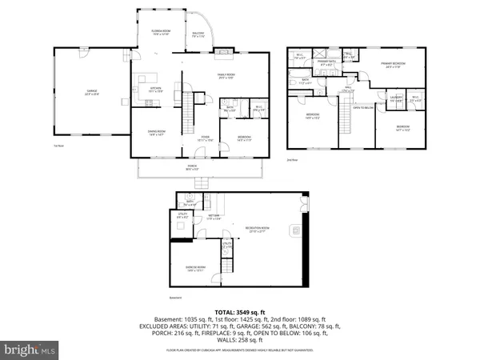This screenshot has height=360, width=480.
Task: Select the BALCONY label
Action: (198, 33)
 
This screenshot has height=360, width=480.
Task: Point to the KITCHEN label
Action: (157, 90)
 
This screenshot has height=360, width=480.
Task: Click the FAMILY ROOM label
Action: (226, 76)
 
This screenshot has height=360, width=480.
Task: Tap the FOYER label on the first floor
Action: (205, 138)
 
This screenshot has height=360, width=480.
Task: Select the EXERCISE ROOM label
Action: (194, 269)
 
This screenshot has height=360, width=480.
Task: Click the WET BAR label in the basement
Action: (214, 216)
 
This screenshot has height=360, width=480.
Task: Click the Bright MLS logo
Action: (30, 350)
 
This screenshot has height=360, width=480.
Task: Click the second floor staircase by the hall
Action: (346, 120)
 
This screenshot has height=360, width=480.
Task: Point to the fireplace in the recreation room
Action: (294, 232)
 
